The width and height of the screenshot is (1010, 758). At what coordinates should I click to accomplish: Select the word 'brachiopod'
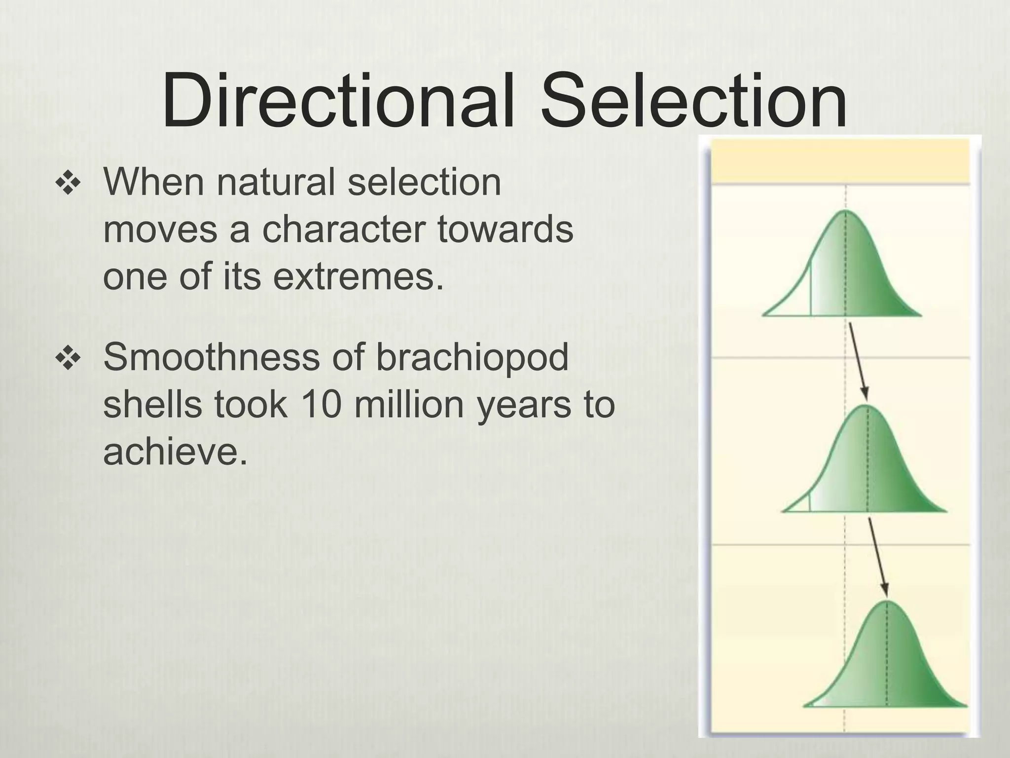pyautogui.click(x=472, y=357)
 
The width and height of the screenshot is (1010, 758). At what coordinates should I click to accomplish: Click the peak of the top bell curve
pyautogui.click(x=845, y=212)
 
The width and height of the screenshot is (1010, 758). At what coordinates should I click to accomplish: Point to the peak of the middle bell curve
pyautogui.click(x=866, y=407)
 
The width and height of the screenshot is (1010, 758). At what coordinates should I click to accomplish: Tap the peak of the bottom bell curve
pyautogui.click(x=887, y=602)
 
